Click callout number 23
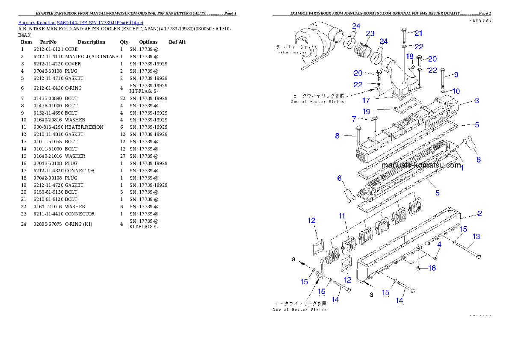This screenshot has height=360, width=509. click(x=370, y=34)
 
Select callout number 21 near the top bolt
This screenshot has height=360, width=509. click(x=418, y=33)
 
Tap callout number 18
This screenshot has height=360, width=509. click(x=410, y=56)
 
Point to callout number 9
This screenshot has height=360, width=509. click(x=456, y=75)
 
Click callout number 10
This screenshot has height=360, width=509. click(x=456, y=91)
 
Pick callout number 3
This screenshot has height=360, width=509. click(x=476, y=101)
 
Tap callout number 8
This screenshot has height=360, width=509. click(x=337, y=136)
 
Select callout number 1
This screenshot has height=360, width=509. click(x=462, y=168)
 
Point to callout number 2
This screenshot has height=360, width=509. click(x=479, y=213)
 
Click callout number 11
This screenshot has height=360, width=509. click(x=342, y=216)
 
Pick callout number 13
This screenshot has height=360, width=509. click(x=476, y=236)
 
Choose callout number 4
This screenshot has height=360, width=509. click(x=439, y=245)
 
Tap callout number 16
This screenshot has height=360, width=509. click(x=432, y=268)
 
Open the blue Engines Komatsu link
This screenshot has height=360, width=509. click(x=80, y=22)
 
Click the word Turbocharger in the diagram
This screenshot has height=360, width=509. click(x=291, y=52)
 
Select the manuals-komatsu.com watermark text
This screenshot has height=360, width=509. click(x=421, y=165)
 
